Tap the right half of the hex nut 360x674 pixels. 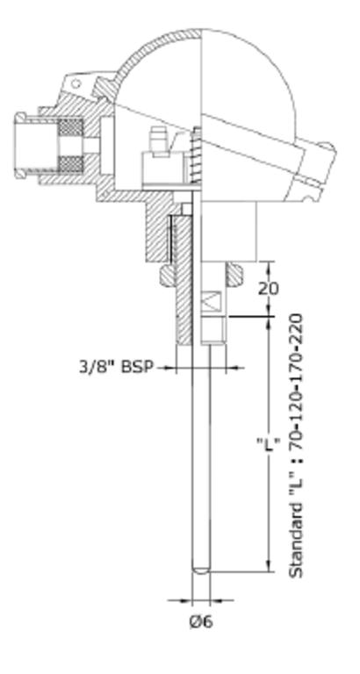[234, 274]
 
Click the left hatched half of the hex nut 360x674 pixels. [167, 275]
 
